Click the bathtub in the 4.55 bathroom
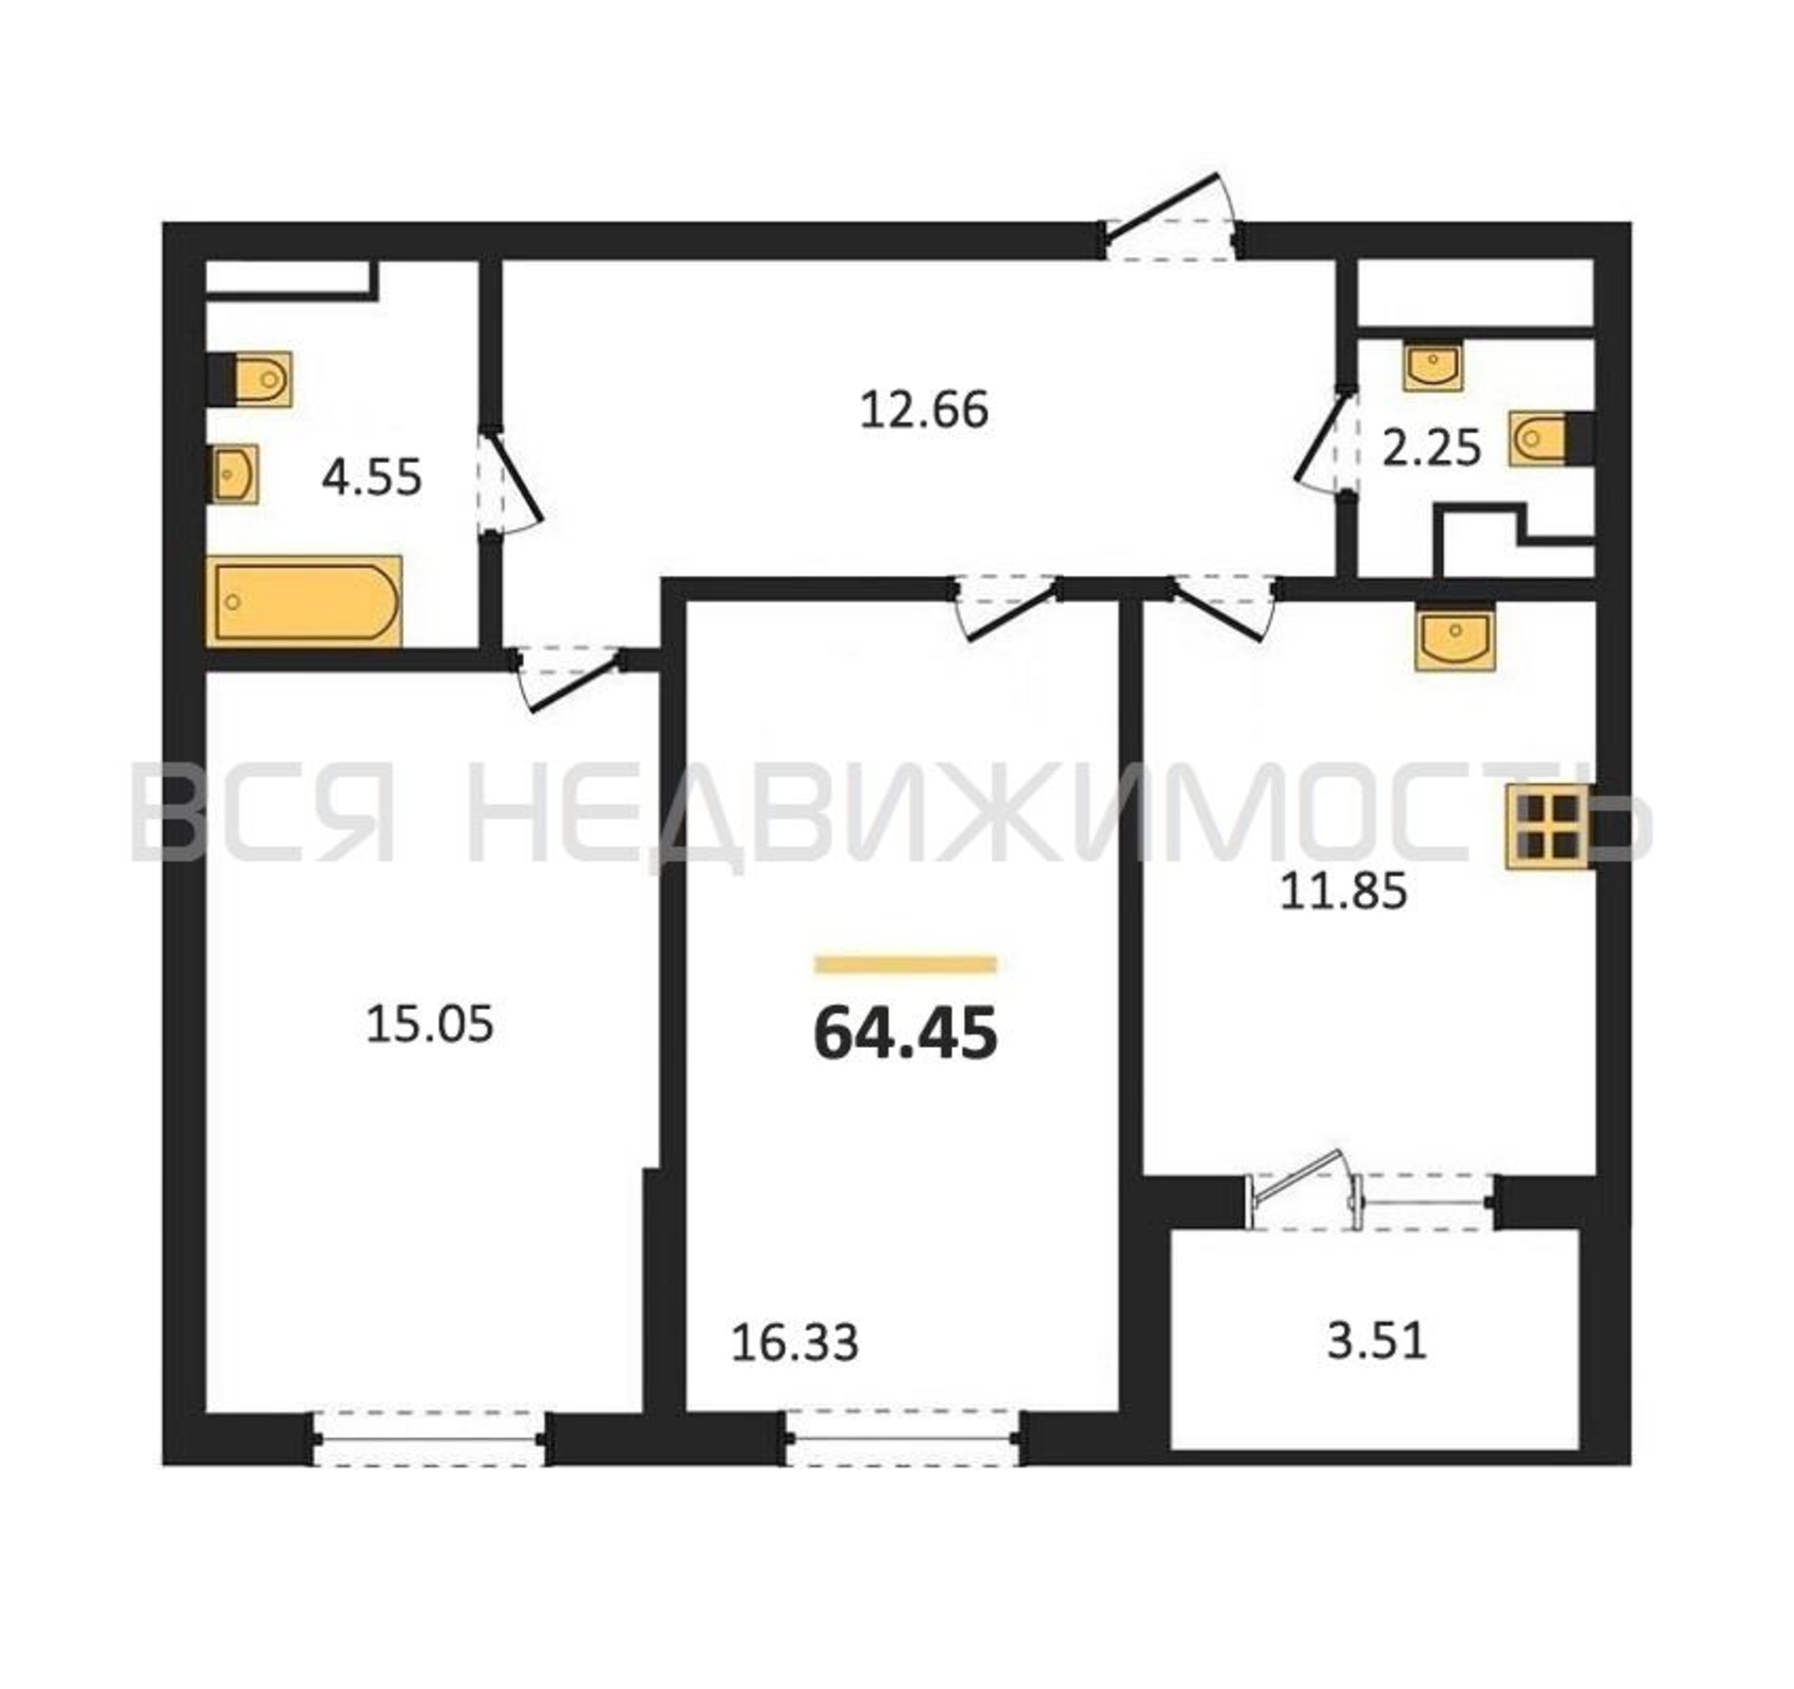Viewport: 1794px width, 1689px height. [x=304, y=601]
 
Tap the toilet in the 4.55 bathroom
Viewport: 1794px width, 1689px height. [x=250, y=379]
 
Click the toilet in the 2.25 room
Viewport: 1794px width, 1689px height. [x=1549, y=440]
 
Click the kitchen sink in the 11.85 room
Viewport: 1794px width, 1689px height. [x=1455, y=638]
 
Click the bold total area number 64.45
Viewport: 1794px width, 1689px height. [x=905, y=1034]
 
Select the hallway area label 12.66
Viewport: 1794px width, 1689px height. [x=924, y=410]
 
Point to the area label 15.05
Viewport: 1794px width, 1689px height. [x=430, y=1025]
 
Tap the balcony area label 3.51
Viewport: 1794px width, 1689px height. [x=1377, y=1340]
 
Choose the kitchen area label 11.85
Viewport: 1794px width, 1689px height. [x=1344, y=892]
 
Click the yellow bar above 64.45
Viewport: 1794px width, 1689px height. [x=905, y=964]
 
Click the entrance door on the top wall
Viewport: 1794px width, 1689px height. [x=1170, y=220]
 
